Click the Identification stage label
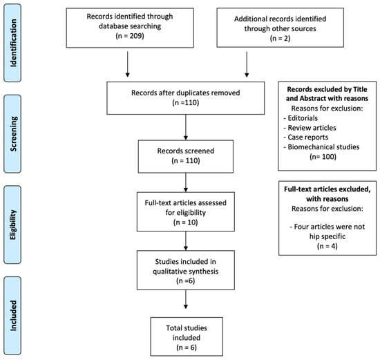tap(13, 43)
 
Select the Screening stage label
tap(13, 134)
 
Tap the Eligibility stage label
tap(13, 225)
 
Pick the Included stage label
tap(13, 316)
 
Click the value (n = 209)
tap(130, 36)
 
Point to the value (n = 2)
tap(280, 38)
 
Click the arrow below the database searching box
tap(128, 64)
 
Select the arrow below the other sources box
tap(247, 64)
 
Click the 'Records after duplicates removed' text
tap(186, 93)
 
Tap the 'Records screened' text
tap(186, 151)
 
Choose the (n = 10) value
tap(186, 222)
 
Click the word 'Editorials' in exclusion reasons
tap(303, 118)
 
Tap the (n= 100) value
tap(323, 157)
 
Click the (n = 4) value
tap(327, 246)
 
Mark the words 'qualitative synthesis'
tap(186, 272)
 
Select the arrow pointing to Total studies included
tap(186, 299)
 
